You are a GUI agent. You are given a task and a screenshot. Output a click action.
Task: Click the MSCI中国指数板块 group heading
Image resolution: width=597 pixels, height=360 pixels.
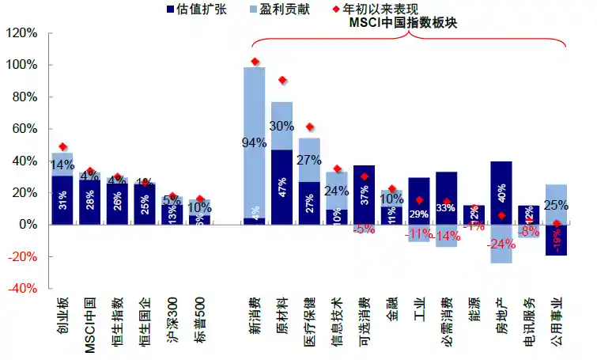click(x=403, y=24)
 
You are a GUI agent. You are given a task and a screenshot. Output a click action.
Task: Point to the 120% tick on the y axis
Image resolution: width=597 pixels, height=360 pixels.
click(x=21, y=33)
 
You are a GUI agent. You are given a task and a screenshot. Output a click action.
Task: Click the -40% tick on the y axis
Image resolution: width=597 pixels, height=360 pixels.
click(x=21, y=289)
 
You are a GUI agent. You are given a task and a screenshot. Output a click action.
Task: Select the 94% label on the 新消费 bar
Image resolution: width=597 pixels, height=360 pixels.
click(x=254, y=143)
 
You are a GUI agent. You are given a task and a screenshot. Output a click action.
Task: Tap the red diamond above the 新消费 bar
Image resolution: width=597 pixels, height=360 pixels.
click(x=255, y=62)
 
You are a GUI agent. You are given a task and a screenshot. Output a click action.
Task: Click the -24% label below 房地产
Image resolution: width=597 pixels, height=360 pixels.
click(x=501, y=244)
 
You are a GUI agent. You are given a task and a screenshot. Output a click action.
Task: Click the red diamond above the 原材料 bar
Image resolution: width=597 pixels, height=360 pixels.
click(x=282, y=81)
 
